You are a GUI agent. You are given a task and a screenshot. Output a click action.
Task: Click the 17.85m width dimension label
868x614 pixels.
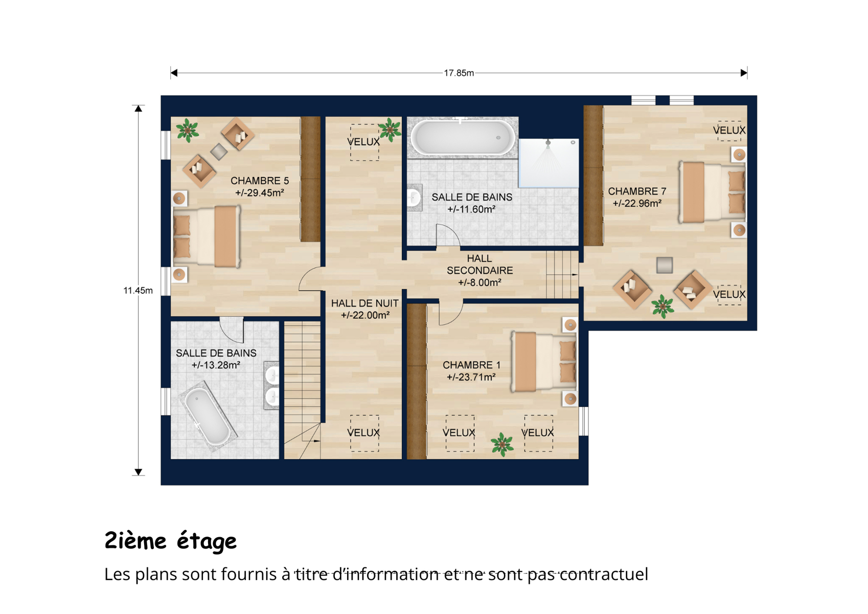click(x=459, y=73)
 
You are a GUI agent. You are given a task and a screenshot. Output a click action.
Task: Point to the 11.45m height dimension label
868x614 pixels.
click(x=138, y=290)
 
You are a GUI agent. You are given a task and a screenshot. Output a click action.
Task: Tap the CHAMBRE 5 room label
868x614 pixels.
click(x=260, y=181)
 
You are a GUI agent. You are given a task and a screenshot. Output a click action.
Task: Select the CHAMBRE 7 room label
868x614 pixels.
click(x=637, y=191)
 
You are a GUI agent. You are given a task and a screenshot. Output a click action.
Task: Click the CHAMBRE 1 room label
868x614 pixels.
click(x=472, y=365)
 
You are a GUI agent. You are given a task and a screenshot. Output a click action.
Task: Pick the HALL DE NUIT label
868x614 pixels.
click(x=364, y=303)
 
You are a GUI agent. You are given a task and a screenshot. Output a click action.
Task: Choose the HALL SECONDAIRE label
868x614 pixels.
click(x=479, y=264)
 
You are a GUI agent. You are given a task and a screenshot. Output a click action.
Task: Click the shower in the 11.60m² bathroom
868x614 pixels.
click(x=549, y=163)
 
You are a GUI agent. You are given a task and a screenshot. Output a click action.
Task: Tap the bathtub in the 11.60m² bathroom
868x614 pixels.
click(x=463, y=138)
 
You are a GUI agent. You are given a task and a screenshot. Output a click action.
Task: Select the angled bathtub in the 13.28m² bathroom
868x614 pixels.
click(x=208, y=416)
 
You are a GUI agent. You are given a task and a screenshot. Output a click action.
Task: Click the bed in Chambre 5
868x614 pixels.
click(x=207, y=236)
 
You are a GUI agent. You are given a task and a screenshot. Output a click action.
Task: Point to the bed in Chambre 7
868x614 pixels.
click(x=712, y=192)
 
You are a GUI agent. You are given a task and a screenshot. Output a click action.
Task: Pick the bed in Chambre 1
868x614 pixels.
click(x=544, y=362)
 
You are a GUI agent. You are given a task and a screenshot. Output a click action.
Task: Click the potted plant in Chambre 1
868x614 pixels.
click(x=502, y=445)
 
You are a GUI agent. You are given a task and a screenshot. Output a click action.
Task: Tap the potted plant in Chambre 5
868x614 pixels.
click(x=188, y=130)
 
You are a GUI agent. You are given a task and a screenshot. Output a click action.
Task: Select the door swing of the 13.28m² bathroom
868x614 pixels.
click(x=232, y=330)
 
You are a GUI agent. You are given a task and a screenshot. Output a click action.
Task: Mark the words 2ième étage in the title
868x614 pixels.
click(x=171, y=541)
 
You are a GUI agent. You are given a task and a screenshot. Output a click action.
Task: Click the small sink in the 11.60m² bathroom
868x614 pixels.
click(x=414, y=198)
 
